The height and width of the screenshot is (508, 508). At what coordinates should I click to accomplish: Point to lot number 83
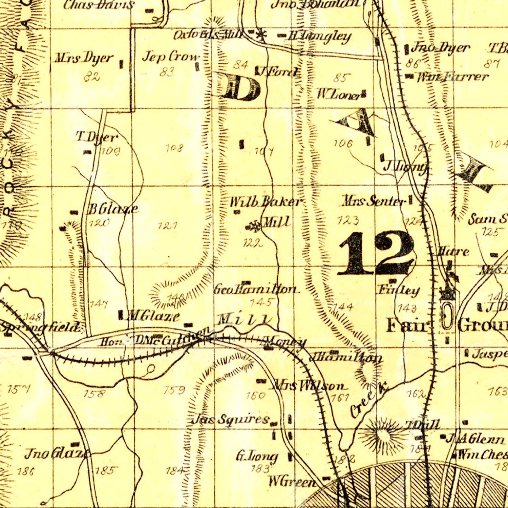[x=167, y=72]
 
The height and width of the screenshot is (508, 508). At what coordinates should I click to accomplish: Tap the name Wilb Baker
[x=265, y=202]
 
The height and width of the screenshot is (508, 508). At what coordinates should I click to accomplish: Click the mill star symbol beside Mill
[x=253, y=226]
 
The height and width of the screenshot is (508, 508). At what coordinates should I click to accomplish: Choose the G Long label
[x=257, y=457]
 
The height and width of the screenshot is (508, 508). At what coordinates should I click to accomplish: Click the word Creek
[x=368, y=400]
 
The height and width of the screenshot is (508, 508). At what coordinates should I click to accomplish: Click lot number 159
[x=174, y=390]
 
